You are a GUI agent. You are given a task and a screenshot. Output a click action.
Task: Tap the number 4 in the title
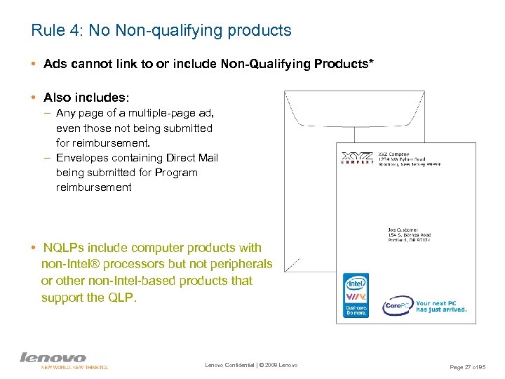[x=72, y=30]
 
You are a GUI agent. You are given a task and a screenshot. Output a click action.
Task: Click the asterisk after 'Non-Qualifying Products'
[x=371, y=63]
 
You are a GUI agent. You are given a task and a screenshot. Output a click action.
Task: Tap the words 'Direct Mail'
[x=190, y=158]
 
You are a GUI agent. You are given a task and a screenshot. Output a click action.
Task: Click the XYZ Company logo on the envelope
[x=358, y=159]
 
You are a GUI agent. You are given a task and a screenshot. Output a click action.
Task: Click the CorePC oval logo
[x=396, y=306]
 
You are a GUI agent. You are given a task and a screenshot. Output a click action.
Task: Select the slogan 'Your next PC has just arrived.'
[x=440, y=307]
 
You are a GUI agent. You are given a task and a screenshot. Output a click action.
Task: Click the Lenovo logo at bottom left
[x=53, y=357]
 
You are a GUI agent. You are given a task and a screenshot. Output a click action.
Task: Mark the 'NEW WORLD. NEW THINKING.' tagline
[x=74, y=366]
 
